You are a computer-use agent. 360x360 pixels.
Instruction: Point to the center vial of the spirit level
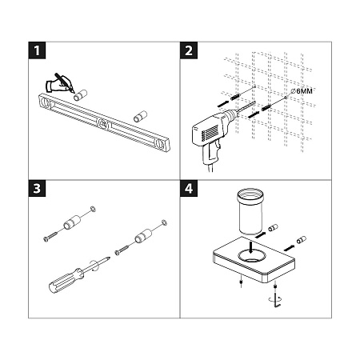tap(102, 123)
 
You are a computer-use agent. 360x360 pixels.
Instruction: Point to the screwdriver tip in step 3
tap(107, 259)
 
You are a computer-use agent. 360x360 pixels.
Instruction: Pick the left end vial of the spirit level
tap(47, 101)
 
